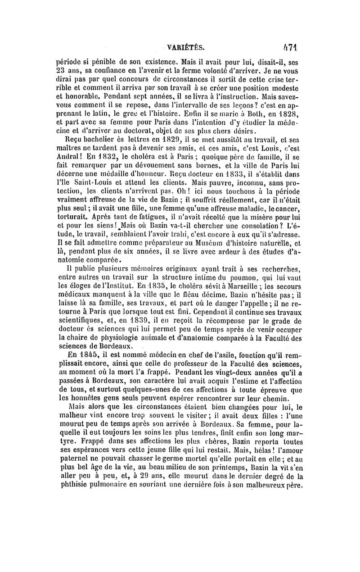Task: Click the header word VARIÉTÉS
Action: click(185, 46)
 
